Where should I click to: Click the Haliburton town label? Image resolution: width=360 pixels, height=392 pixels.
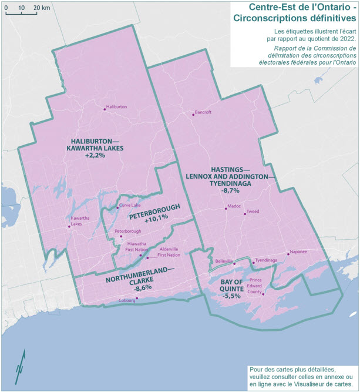point(116,107)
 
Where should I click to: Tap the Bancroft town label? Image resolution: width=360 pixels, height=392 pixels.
point(203,112)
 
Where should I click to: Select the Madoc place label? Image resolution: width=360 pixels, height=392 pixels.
point(235,206)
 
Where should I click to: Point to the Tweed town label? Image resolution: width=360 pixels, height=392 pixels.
point(253,210)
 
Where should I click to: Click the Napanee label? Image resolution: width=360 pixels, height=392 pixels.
point(297,253)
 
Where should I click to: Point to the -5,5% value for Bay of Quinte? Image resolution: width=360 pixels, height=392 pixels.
point(230,296)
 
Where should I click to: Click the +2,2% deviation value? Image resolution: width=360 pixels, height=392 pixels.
point(95,156)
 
